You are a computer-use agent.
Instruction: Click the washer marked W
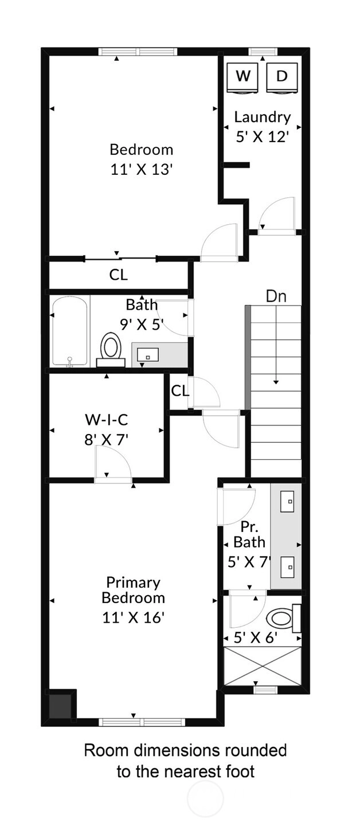[243, 79]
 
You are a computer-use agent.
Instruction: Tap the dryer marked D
[281, 79]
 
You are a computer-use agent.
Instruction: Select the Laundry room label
[263, 117]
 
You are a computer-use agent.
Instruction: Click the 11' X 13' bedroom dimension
[142, 170]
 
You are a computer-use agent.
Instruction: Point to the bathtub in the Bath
[70, 331]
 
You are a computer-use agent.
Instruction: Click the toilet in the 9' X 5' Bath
[111, 350]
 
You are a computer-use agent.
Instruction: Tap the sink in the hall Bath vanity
[147, 355]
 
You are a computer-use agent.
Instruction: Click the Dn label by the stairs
[276, 296]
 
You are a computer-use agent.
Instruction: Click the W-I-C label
[107, 419]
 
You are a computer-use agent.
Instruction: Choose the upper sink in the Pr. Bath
[287, 501]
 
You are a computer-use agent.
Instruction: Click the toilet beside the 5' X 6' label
[283, 617]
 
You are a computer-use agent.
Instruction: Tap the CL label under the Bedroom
[119, 275]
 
